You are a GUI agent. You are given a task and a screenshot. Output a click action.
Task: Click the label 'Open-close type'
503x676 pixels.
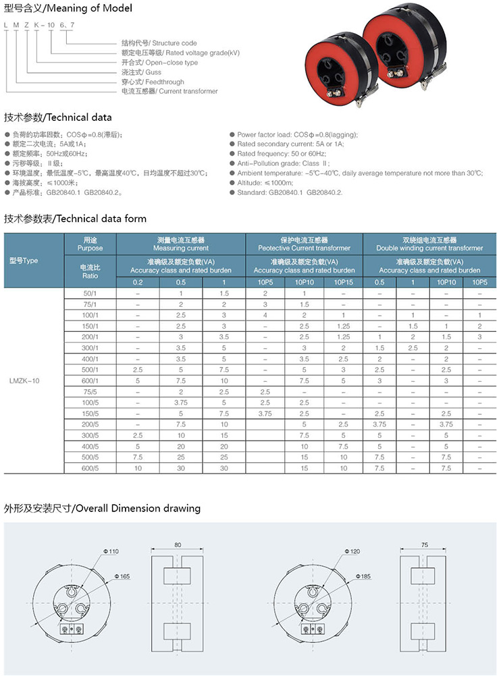(x=159, y=63)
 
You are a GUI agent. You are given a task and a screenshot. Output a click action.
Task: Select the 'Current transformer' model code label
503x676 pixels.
(x=169, y=91)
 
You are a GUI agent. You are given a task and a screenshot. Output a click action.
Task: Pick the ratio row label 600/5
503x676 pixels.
(x=90, y=468)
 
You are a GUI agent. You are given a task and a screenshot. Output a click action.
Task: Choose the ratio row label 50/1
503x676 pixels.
(x=90, y=294)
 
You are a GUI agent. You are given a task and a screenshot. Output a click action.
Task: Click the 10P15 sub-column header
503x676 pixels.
(x=344, y=281)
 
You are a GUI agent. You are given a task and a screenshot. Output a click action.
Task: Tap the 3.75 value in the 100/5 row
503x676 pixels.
(x=181, y=402)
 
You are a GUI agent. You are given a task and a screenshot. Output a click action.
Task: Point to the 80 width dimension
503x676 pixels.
(x=178, y=544)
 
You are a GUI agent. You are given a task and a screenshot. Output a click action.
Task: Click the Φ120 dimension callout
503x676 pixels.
(x=353, y=551)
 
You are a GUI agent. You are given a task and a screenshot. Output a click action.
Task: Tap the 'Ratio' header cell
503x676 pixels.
(x=90, y=275)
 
